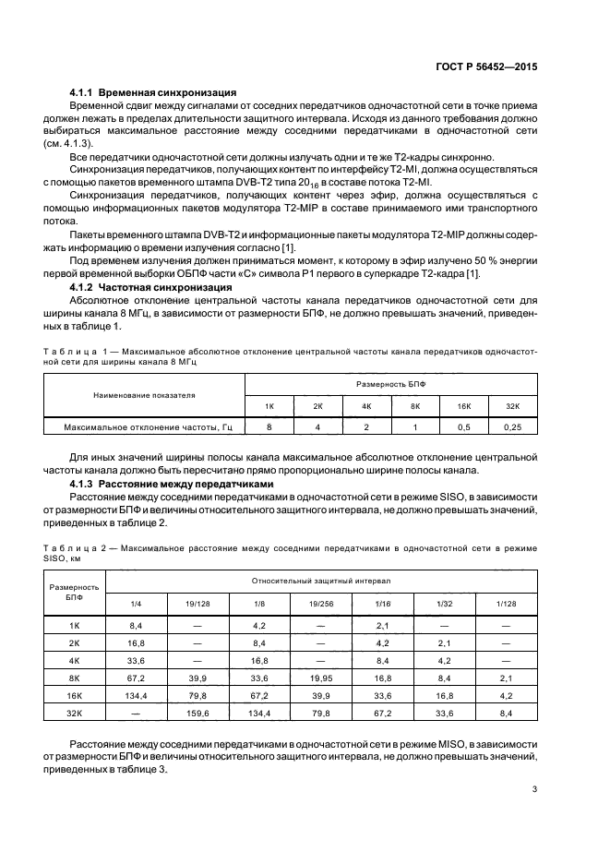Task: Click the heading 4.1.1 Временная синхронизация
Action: (154, 93)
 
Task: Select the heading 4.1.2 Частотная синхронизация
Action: (150, 287)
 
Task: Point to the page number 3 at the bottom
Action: (534, 788)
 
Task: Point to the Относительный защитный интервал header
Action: (321, 582)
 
